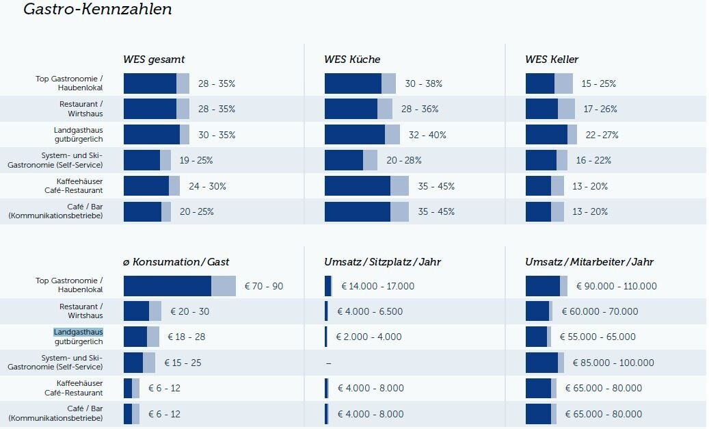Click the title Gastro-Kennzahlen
click(98, 10)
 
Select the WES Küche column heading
click(352, 60)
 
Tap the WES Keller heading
click(552, 60)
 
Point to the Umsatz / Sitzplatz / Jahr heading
click(382, 262)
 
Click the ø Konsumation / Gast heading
click(176, 262)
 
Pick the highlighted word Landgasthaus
click(79, 332)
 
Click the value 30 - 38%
click(423, 83)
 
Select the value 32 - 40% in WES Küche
click(427, 135)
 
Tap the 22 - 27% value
click(602, 135)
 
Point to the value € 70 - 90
click(263, 286)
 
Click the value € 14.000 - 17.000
click(377, 286)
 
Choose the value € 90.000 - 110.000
click(616, 286)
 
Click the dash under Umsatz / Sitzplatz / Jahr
click(328, 363)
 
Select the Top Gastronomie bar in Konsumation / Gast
click(179, 286)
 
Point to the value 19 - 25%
click(196, 160)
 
